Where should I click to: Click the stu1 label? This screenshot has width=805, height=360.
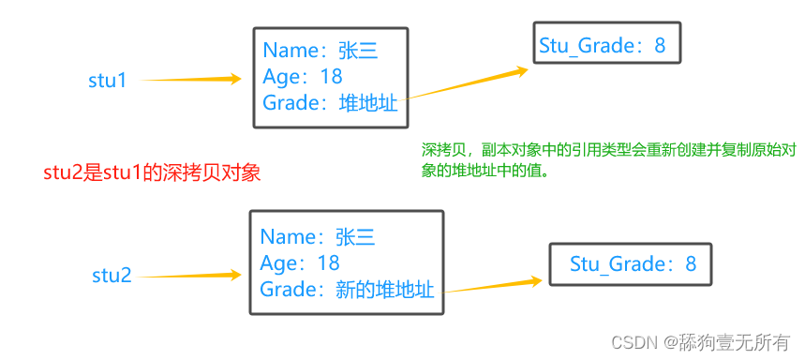coord(107,81)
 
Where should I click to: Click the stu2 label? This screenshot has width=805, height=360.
coord(112,276)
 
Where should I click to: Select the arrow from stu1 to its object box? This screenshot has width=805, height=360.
coord(191,80)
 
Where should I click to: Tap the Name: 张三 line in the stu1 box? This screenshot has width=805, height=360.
coord(320,51)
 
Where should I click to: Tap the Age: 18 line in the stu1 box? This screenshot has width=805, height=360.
coord(303,76)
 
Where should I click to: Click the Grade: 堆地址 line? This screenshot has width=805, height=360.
coord(330,103)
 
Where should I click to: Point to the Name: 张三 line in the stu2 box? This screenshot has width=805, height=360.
coord(318,237)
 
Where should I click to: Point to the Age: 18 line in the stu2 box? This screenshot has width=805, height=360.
coord(300,263)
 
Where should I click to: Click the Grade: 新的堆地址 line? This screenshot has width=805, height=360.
coord(347,290)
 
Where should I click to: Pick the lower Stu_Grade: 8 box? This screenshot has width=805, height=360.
coord(633,264)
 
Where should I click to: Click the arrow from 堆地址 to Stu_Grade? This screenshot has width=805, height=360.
coord(466,83)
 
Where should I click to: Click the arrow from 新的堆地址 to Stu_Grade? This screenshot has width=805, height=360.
coord(494,285)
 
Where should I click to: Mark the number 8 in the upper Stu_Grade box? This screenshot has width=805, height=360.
coord(660,45)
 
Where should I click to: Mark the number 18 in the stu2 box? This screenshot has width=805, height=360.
coord(328,263)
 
